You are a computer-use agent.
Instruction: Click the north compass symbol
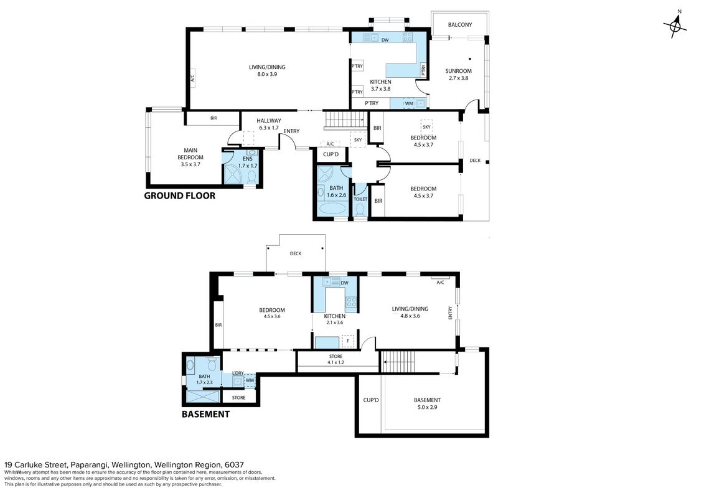675,26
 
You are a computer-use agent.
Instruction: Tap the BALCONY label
460,25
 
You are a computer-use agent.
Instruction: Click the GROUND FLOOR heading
180,196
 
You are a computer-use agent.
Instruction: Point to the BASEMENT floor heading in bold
205,415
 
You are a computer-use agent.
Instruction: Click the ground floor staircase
345,120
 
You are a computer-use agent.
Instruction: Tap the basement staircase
398,361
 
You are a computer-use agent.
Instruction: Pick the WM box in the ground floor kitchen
409,104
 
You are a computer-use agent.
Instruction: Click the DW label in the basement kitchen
344,283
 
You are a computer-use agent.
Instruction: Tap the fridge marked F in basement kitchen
347,341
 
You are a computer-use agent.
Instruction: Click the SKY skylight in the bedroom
426,126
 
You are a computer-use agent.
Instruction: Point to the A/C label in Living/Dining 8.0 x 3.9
192,80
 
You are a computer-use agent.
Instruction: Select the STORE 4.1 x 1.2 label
336,359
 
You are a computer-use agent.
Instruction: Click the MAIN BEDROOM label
190,157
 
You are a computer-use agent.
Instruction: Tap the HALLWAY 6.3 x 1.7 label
269,124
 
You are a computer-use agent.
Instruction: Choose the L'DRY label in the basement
238,373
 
